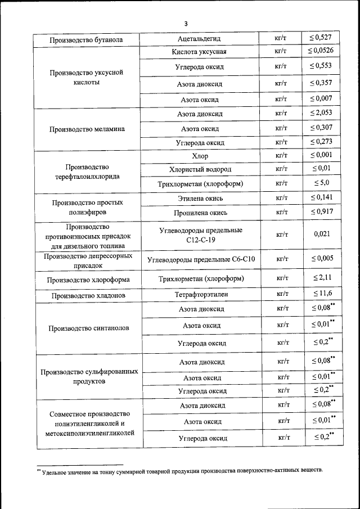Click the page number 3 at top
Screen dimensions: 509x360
pyautogui.click(x=185, y=23)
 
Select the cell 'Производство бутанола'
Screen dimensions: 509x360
pyautogui.click(x=86, y=40)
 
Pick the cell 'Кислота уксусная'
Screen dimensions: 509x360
pyautogui.click(x=200, y=52)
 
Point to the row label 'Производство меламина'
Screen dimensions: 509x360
pyautogui.click(x=87, y=129)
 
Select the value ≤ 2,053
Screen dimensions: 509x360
pyautogui.click(x=321, y=113)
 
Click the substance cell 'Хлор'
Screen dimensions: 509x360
pyautogui.click(x=200, y=156)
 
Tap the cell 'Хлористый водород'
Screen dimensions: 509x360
pyautogui.click(x=200, y=169)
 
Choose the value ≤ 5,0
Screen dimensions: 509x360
pyautogui.click(x=321, y=183)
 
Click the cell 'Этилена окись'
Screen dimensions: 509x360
pyautogui.click(x=200, y=198)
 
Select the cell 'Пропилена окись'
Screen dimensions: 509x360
pyautogui.click(x=200, y=212)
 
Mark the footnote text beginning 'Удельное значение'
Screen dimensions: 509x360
pyautogui.click(x=180, y=470)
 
